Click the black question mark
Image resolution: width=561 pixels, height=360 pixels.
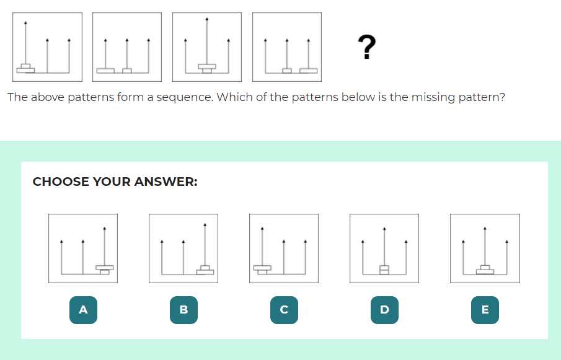click(366, 47)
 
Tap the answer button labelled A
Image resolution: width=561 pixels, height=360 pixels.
click(83, 310)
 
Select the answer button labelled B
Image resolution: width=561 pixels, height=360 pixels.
click(183, 310)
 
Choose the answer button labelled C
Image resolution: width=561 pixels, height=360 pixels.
click(284, 310)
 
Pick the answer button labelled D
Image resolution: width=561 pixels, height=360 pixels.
click(384, 310)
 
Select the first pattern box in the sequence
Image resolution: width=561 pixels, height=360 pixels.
click(47, 47)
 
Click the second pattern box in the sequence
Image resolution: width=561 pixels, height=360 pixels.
click(127, 47)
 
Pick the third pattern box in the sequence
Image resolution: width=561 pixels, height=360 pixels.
click(207, 47)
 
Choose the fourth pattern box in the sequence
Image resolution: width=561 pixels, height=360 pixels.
click(287, 47)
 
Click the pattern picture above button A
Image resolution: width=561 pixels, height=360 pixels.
click(83, 248)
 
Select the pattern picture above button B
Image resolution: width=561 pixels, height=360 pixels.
click(183, 248)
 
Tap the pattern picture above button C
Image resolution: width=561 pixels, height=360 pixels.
click(284, 248)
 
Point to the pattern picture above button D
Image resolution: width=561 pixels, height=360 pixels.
click(384, 248)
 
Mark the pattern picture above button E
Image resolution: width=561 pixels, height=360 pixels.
click(485, 248)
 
